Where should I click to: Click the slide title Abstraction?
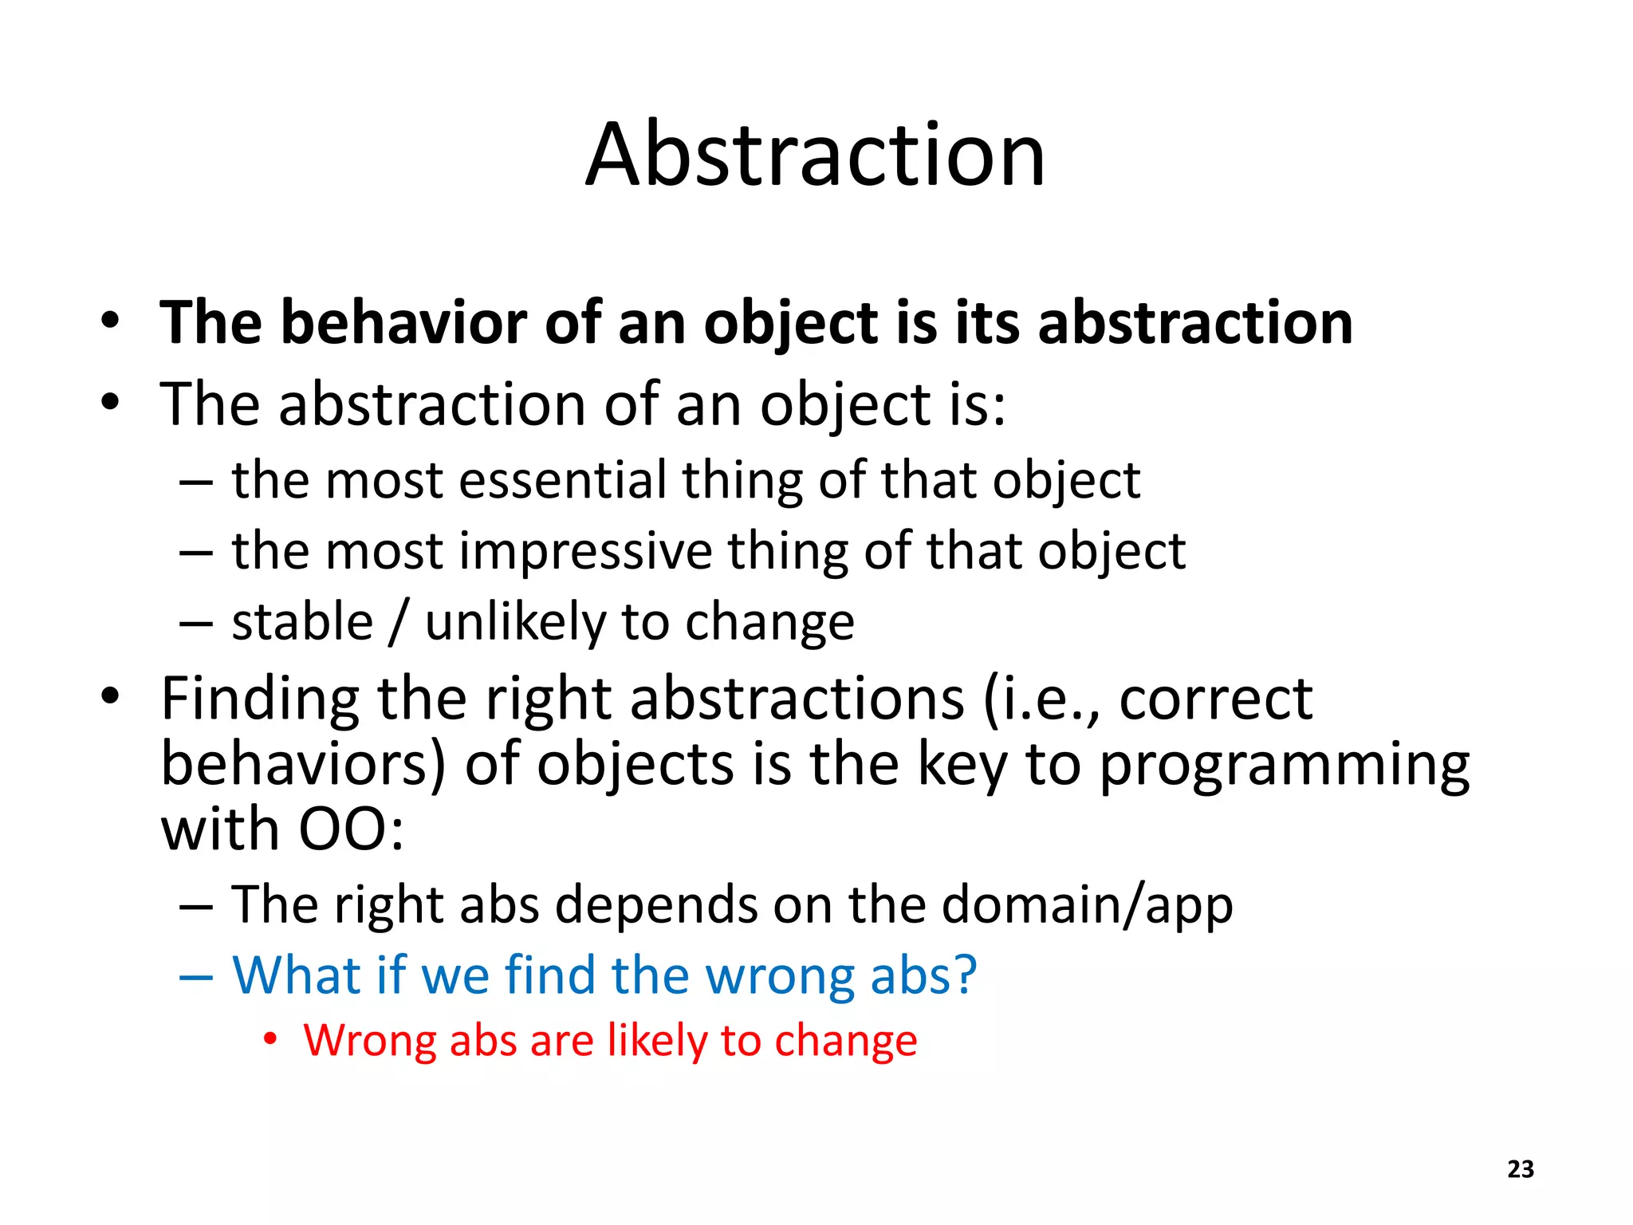[815, 155]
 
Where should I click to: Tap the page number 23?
[1521, 1169]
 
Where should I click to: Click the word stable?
[302, 622]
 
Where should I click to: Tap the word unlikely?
[515, 622]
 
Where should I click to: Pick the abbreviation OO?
[351, 830]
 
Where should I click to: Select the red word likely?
[656, 1042]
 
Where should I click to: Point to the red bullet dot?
[271, 1039]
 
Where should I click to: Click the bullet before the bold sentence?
[111, 322]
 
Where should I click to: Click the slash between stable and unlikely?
[399, 624]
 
